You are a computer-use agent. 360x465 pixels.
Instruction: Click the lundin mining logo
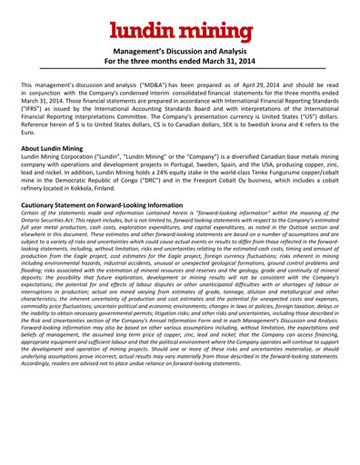tap(179, 28)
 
